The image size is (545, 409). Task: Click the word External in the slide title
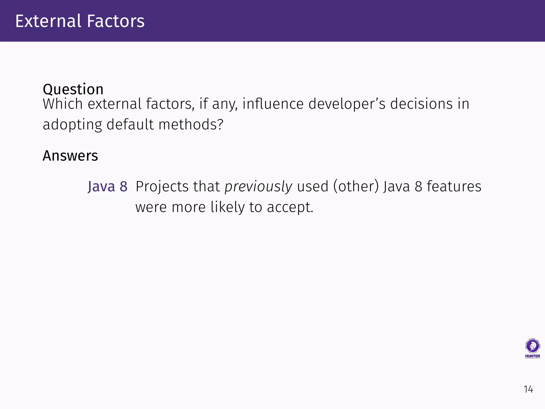click(x=48, y=21)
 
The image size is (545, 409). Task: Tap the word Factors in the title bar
click(x=116, y=21)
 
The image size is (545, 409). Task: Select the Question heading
click(x=73, y=89)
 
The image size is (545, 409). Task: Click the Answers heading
click(x=70, y=156)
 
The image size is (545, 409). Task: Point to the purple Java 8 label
click(x=108, y=186)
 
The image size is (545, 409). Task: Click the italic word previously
click(x=258, y=186)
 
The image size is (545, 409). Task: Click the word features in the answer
click(x=454, y=186)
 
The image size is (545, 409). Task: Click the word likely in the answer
click(x=228, y=207)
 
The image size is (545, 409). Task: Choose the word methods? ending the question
click(x=191, y=125)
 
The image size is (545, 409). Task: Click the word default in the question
click(x=130, y=125)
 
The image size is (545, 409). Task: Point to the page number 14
click(x=528, y=390)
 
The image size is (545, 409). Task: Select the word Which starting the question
click(x=63, y=104)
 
